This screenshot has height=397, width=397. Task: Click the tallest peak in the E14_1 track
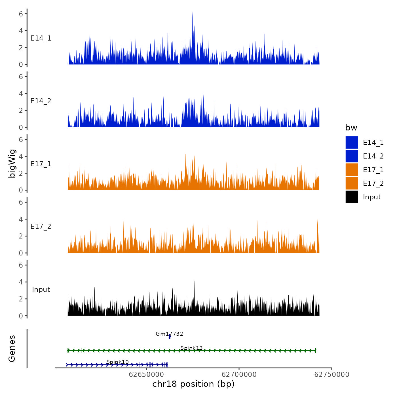pyautogui.click(x=192, y=14)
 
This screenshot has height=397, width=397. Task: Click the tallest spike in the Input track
pyautogui.click(x=194, y=282)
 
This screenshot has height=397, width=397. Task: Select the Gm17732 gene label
pyautogui.click(x=169, y=334)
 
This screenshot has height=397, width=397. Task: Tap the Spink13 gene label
pyautogui.click(x=191, y=348)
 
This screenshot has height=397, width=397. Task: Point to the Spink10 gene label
pyautogui.click(x=117, y=362)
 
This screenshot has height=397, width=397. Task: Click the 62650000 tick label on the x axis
pyautogui.click(x=147, y=374)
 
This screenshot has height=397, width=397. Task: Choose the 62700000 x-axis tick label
pyautogui.click(x=239, y=374)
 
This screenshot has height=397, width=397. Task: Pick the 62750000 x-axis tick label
pyautogui.click(x=332, y=374)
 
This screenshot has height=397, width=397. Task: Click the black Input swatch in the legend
pyautogui.click(x=352, y=197)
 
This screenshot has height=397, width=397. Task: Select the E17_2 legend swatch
pyautogui.click(x=352, y=183)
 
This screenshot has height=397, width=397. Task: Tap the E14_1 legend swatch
pyautogui.click(x=352, y=142)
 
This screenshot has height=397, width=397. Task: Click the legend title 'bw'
pyautogui.click(x=351, y=128)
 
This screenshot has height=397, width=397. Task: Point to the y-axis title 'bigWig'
pyautogui.click(x=12, y=164)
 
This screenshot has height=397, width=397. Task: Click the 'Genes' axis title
pyautogui.click(x=12, y=349)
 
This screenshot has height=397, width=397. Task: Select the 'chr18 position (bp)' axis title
pyautogui.click(x=193, y=384)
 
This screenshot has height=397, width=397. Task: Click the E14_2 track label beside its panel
pyautogui.click(x=41, y=101)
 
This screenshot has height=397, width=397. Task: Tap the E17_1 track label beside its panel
pyautogui.click(x=41, y=164)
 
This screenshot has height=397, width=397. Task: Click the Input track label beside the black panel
pyautogui.click(x=41, y=290)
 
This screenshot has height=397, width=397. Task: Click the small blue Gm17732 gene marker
pyautogui.click(x=170, y=337)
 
